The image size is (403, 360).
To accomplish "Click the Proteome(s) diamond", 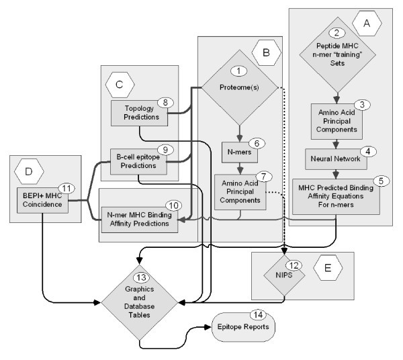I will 238,88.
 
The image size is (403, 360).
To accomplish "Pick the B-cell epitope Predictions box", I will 138,161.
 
